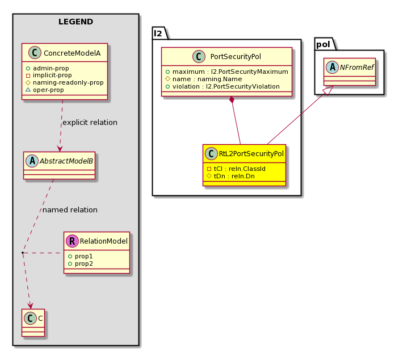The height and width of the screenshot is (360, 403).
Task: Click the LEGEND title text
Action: click(x=75, y=22)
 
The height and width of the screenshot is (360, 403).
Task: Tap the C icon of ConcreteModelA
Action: click(x=35, y=53)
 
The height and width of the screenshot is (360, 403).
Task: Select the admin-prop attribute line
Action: click(x=47, y=68)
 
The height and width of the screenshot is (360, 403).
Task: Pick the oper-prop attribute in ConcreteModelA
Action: click(x=45, y=90)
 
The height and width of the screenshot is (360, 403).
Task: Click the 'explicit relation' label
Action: click(x=90, y=123)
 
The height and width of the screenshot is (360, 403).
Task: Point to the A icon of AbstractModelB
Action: click(x=32, y=161)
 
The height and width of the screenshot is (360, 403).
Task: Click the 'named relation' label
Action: click(x=70, y=210)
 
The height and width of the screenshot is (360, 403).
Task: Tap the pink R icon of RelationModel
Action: click(x=72, y=241)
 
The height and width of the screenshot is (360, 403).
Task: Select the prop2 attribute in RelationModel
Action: click(x=81, y=264)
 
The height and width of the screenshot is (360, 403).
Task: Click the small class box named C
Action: click(x=33, y=323)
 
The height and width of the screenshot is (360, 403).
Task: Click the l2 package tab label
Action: click(x=158, y=34)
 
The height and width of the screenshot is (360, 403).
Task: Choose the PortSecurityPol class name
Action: click(x=236, y=57)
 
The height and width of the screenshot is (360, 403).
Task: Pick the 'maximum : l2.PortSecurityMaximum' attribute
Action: click(x=227, y=72)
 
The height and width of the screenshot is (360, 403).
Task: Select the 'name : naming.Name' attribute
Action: click(x=204, y=79)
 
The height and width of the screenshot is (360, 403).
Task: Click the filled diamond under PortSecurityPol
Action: click(x=232, y=100)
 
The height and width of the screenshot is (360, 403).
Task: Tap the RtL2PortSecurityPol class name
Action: click(x=251, y=154)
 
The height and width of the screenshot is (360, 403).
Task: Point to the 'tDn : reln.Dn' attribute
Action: click(x=231, y=176)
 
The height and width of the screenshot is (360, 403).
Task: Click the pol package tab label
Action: click(x=323, y=44)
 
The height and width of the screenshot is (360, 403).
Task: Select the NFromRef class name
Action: click(x=356, y=68)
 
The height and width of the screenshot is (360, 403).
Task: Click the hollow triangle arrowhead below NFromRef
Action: click(x=329, y=90)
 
